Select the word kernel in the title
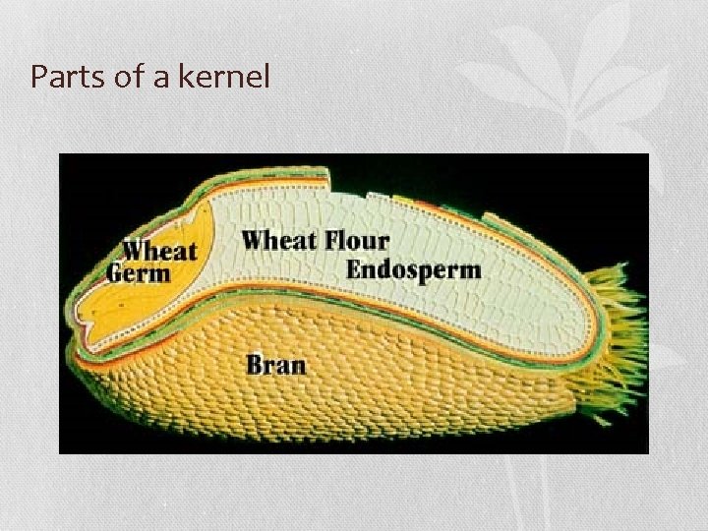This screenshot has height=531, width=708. pyautogui.click(x=226, y=77)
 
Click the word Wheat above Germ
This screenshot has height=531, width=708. pyautogui.click(x=160, y=251)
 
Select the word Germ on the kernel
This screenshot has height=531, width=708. pyautogui.click(x=138, y=272)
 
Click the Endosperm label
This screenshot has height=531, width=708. pyautogui.click(x=413, y=268)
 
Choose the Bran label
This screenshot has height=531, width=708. pyautogui.click(x=275, y=365)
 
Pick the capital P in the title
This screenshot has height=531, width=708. pyautogui.click(x=39, y=77)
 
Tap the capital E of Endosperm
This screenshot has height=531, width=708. pyautogui.click(x=355, y=268)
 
